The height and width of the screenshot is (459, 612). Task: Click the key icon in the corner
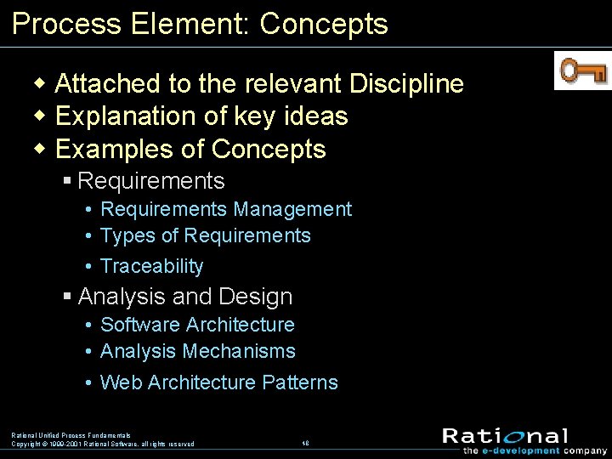(582, 71)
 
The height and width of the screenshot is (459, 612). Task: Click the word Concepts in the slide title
(324, 24)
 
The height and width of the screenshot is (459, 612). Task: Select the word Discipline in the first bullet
(404, 84)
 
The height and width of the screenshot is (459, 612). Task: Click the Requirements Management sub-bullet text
(225, 209)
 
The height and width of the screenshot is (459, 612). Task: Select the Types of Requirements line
(206, 235)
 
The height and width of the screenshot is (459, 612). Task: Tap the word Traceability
(152, 266)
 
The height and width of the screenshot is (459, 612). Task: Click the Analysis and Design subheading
(184, 297)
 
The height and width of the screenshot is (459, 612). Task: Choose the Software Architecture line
(197, 325)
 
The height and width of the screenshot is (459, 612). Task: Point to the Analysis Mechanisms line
(198, 351)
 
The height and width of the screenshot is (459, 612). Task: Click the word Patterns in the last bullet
(300, 382)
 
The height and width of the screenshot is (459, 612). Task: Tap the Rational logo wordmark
(505, 436)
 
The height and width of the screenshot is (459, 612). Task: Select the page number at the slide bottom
(304, 443)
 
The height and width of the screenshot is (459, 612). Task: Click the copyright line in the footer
(102, 444)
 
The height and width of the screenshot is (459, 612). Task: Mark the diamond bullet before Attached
(39, 84)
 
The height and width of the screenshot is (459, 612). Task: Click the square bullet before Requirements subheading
(68, 181)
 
